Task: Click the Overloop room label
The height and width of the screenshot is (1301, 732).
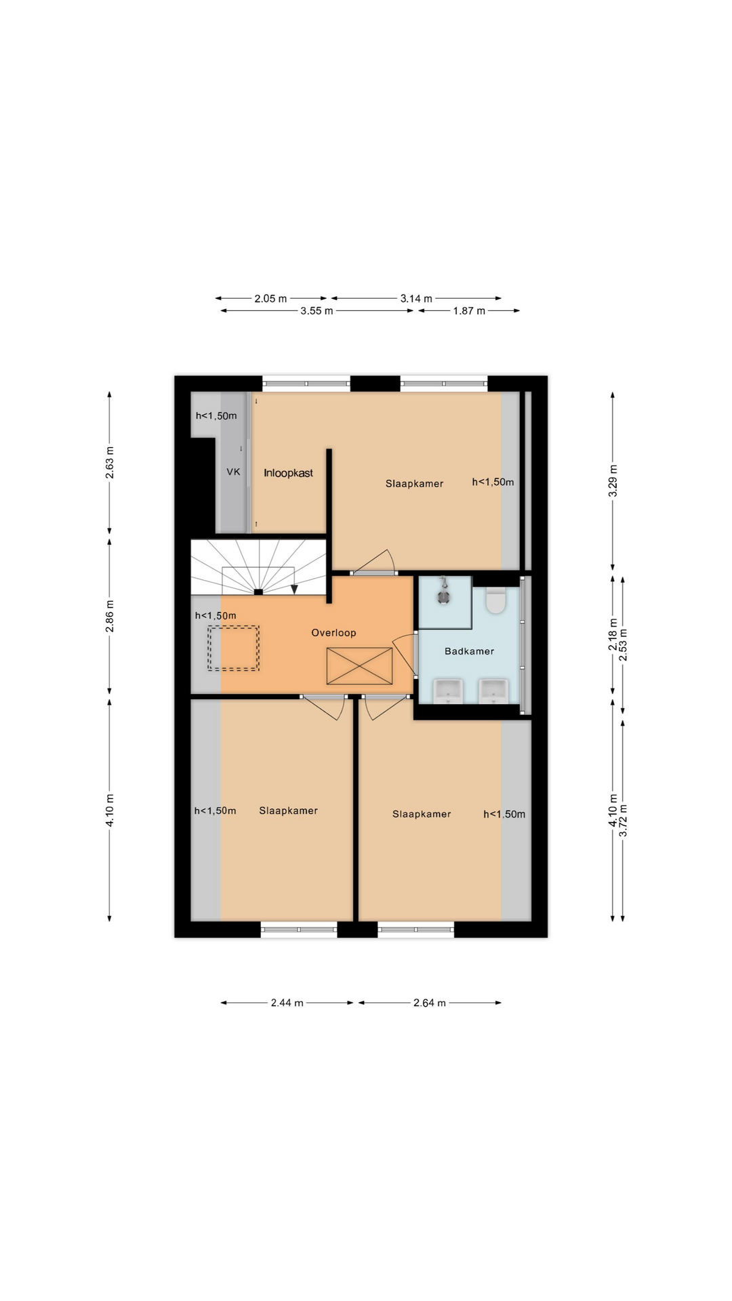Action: click(333, 633)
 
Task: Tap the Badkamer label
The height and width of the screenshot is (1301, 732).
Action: click(469, 651)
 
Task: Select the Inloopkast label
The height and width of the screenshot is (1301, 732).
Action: click(289, 473)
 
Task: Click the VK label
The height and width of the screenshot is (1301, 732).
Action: click(233, 472)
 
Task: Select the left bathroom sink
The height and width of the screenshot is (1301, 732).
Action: click(449, 691)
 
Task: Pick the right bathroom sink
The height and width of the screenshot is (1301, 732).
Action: click(493, 691)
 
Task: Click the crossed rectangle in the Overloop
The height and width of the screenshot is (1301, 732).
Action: click(360, 666)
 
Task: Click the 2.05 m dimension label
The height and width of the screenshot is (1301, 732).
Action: click(270, 298)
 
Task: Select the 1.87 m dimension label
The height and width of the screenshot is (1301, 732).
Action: click(469, 311)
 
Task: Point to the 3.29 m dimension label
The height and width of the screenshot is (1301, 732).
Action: click(613, 481)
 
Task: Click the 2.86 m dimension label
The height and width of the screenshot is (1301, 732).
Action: click(110, 617)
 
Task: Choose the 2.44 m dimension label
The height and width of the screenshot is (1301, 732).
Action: click(287, 1003)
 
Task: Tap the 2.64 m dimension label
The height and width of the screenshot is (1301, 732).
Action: click(430, 1003)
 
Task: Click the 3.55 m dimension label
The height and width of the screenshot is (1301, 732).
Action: click(317, 311)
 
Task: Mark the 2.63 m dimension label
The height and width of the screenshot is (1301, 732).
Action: click(110, 463)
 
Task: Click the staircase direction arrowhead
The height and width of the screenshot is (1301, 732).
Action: click(294, 589)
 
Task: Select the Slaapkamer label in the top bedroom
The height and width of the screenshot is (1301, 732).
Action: click(414, 483)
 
